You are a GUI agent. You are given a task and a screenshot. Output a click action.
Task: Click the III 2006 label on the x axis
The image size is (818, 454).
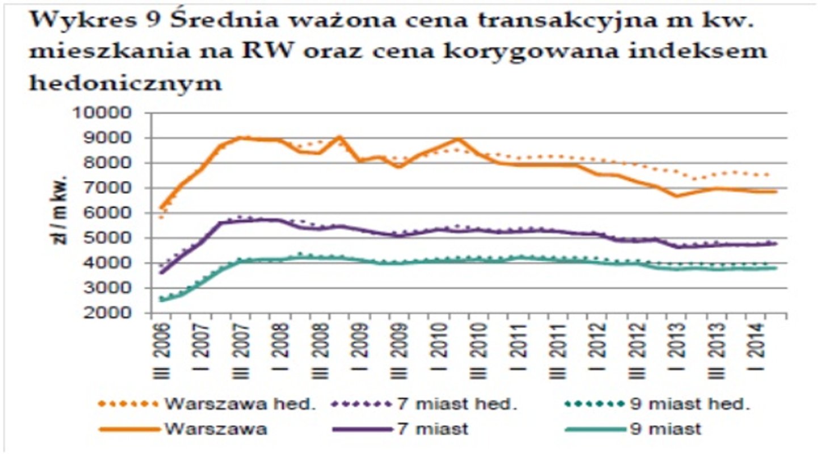click(162, 346)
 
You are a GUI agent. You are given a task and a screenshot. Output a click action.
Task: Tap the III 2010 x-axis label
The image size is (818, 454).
click(479, 346)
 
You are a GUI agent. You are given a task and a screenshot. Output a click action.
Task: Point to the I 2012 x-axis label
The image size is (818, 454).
click(596, 346)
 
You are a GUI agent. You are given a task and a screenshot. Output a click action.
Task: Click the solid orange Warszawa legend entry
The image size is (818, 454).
click(216, 428)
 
